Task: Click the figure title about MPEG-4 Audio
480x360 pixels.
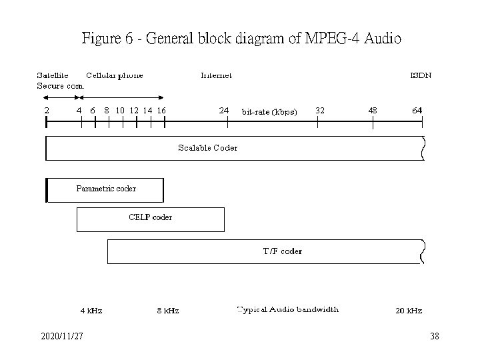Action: pos(241,39)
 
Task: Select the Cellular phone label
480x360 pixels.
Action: pos(115,75)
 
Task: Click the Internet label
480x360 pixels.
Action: pos(217,75)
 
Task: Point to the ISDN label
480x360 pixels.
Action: pos(420,75)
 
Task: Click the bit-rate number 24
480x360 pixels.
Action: pos(224,110)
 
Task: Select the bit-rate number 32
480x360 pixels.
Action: pos(320,110)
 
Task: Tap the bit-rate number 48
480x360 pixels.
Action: pos(372,110)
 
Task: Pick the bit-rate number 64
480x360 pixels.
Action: pos(417,110)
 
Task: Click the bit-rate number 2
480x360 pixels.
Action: pos(46,110)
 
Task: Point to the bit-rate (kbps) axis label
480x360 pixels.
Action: pos(269,111)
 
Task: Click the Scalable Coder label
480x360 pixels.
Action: pos(207,147)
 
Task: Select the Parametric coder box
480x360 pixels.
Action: pos(105,189)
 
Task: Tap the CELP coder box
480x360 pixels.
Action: pos(151,219)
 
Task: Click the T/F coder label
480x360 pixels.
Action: pos(282,251)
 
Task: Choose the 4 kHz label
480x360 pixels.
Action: pos(91,311)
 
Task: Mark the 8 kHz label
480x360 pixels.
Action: pos(167,311)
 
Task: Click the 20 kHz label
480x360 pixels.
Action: pos(409,311)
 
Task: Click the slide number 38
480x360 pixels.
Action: pos(435,337)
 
